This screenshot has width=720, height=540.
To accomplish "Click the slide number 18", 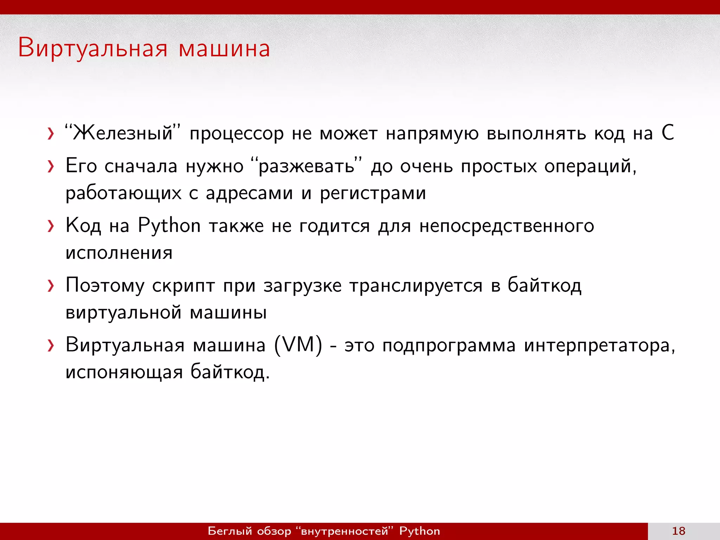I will point(679,531).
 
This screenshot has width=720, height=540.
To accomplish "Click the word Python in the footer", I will point(419,531).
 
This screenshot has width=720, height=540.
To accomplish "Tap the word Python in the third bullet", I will point(169,225).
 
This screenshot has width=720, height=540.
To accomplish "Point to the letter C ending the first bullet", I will point(668,133).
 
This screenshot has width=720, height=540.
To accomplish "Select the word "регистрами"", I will point(373,193).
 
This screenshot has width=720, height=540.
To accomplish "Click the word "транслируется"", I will point(416,285).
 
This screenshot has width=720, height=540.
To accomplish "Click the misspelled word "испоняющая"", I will point(124,372).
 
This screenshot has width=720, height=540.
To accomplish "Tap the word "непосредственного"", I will point(507,226).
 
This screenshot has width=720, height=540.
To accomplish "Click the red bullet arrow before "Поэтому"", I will point(51,286).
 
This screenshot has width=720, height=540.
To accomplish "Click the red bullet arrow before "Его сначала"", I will point(51,167).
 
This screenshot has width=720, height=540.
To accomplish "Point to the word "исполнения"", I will point(119,253).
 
